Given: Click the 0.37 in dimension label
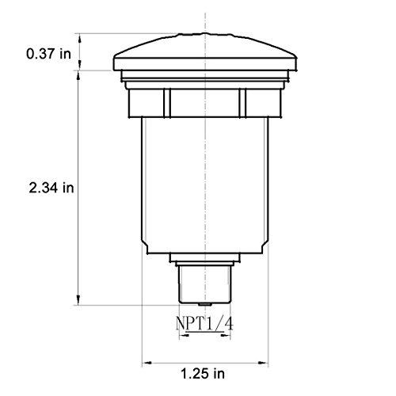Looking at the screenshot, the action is tap(49, 54).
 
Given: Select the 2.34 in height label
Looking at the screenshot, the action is tap(51, 188).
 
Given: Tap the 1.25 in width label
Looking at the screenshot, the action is tap(203, 374).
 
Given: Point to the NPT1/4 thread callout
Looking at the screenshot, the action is tap(204, 323).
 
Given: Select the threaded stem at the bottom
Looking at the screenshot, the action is tap(205, 284).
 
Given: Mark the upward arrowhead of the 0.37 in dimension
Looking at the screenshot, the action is tap(80, 39).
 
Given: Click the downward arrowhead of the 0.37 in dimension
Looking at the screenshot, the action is tap(80, 65).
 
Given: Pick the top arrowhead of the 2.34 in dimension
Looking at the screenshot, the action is tap(78, 76).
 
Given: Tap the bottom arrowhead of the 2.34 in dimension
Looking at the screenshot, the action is tap(78, 299).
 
